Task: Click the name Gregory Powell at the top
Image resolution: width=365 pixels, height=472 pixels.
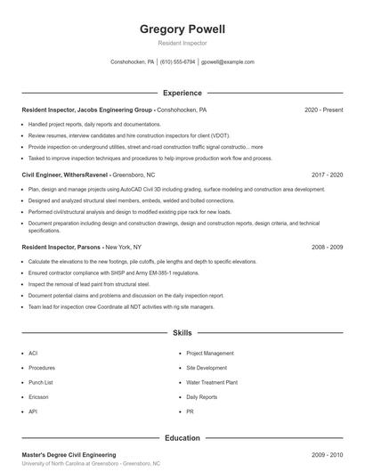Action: (x=182, y=29)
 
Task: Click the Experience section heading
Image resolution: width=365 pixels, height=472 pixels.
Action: (x=182, y=93)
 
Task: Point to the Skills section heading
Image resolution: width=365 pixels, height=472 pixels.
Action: (x=182, y=332)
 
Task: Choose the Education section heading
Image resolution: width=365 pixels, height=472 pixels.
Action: (x=182, y=438)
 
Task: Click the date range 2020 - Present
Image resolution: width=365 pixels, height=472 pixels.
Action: (x=323, y=110)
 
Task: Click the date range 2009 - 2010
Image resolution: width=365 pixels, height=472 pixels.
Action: (x=327, y=454)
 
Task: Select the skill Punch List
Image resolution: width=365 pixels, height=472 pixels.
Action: (x=40, y=382)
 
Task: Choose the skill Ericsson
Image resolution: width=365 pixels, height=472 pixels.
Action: (x=38, y=397)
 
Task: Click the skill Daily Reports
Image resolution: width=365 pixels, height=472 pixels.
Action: (x=202, y=397)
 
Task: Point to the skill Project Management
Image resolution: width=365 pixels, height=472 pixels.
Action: (x=210, y=353)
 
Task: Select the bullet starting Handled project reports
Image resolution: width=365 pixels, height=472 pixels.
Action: (x=94, y=125)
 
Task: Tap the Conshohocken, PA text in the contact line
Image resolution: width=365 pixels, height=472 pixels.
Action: (x=132, y=62)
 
